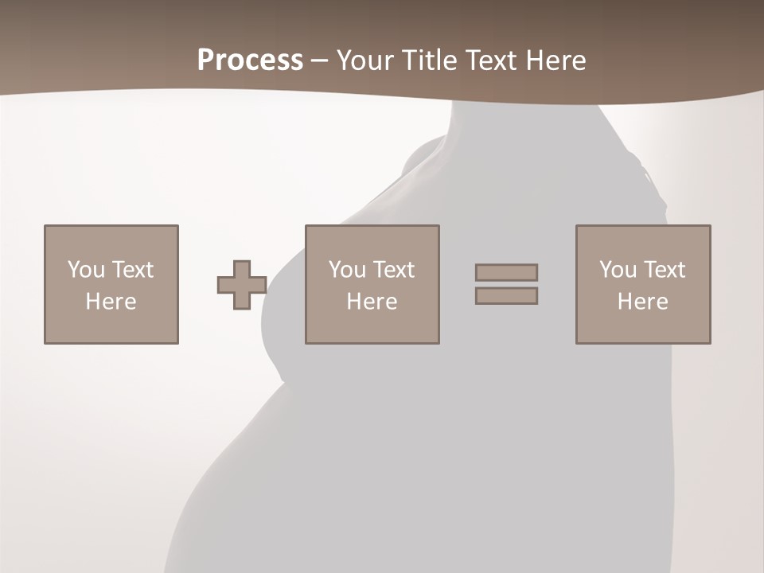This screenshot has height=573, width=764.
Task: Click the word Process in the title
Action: click(x=250, y=60)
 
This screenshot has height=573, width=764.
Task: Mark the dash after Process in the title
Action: click(x=319, y=61)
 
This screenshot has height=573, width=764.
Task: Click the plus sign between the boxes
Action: click(x=242, y=285)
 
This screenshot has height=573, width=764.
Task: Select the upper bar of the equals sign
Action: click(x=506, y=272)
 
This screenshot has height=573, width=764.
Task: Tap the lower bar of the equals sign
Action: click(x=506, y=296)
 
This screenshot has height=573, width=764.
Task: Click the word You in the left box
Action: click(x=86, y=270)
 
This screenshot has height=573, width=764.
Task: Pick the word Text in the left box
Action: click(x=132, y=270)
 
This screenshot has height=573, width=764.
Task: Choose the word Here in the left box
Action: click(x=111, y=302)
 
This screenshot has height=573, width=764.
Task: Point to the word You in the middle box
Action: click(x=347, y=270)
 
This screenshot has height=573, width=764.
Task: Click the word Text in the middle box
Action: click(x=393, y=270)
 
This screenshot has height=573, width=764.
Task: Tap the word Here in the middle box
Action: click(x=372, y=302)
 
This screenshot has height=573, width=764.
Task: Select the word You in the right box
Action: click(x=618, y=270)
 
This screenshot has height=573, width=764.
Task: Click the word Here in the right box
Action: click(x=642, y=302)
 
